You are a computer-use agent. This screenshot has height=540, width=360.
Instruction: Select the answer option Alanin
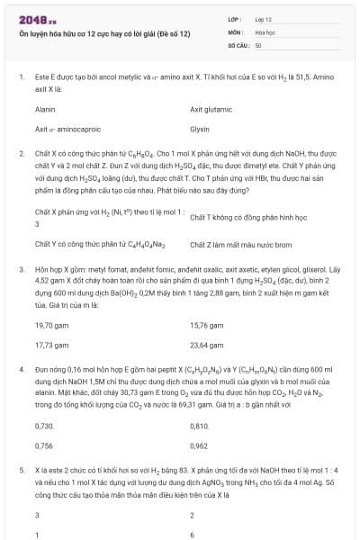pos(45,109)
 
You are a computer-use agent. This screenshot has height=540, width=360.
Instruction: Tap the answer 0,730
pos(43,424)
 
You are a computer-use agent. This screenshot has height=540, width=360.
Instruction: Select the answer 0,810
pos(199,424)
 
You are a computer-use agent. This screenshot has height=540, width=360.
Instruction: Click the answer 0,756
pos(43,445)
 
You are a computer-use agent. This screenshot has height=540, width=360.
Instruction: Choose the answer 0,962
pos(199,445)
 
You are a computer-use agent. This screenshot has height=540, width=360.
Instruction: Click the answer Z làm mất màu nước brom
pos(241,244)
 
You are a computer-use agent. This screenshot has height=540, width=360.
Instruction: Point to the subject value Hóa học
pos(264,31)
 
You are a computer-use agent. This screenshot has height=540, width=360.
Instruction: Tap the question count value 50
pos(258,43)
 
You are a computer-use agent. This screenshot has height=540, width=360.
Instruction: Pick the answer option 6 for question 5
pos(193,535)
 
